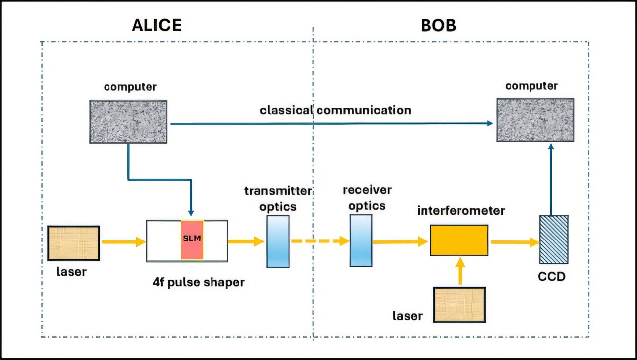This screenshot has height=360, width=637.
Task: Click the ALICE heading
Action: pos(157,25)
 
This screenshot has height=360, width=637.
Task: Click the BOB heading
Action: pos(438,25)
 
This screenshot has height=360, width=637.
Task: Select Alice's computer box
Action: pos(128,122)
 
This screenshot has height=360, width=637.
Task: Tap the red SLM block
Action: pos(192,240)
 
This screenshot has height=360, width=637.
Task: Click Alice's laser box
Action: pos(74,243)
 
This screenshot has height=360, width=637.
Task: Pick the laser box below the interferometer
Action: pos(459,304)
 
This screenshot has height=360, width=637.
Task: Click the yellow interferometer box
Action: pos(459,240)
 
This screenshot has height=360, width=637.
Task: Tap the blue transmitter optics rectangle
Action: pos(278,241)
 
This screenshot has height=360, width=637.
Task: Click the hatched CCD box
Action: pos(554,240)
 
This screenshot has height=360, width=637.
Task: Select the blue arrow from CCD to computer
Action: pos(551,179)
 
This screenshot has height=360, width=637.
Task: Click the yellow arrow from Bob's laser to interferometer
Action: pos(459,271)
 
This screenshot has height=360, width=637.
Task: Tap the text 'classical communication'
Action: pos(335,110)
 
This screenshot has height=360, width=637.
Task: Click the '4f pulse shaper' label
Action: pos(199,282)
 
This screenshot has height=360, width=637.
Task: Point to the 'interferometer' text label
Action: pos(461,211)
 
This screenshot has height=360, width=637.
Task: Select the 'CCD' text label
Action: pos(552,276)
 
